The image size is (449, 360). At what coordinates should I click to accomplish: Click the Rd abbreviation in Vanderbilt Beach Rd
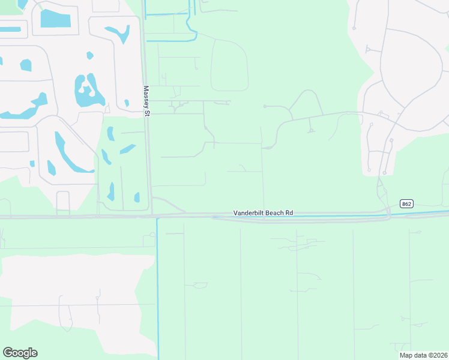point(290,213)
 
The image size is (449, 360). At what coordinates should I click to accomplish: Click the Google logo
point(20,353)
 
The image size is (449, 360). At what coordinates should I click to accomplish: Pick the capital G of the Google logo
point(7,352)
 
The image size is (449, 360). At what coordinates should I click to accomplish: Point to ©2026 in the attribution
point(438,355)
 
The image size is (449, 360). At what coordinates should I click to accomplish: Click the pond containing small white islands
point(88,91)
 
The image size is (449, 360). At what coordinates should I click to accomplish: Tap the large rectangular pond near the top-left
point(55,18)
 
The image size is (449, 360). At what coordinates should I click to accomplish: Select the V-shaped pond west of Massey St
point(118,33)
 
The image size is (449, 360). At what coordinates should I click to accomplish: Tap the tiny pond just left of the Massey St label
point(127,103)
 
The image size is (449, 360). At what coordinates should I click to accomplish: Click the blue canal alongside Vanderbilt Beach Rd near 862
point(420,213)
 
